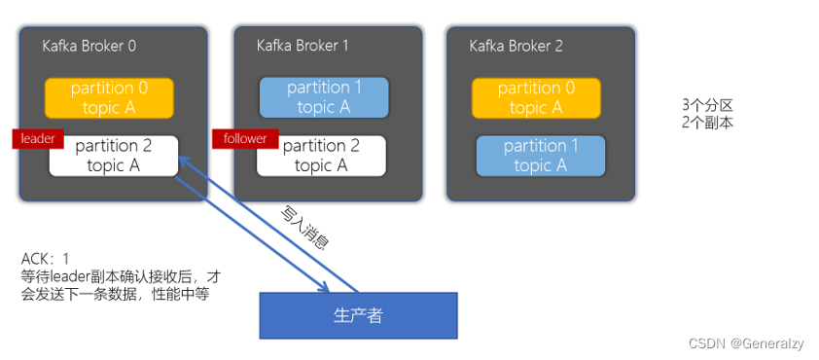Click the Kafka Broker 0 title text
pyautogui.click(x=89, y=46)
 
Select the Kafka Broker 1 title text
pyautogui.click(x=303, y=46)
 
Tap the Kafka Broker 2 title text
pyautogui.click(x=516, y=46)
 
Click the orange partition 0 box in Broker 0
pyautogui.click(x=109, y=97)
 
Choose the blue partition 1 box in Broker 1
pyautogui.click(x=324, y=97)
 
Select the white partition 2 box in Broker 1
pyautogui.click(x=322, y=156)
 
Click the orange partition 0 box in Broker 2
pyautogui.click(x=536, y=97)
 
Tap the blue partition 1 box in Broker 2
pyautogui.click(x=540, y=156)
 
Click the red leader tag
pyautogui.click(x=38, y=138)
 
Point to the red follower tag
pyautogui.click(x=239, y=138)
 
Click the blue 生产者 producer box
pyautogui.click(x=358, y=314)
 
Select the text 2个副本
pyautogui.click(x=708, y=123)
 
